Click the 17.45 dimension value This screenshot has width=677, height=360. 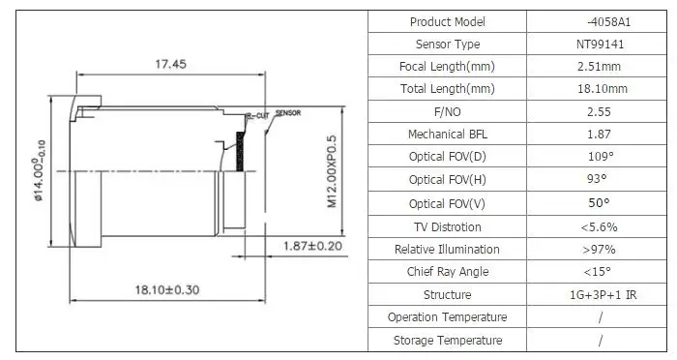coord(170,64)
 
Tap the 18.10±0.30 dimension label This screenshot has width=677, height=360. coord(167,289)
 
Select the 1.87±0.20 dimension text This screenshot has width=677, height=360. coord(312,246)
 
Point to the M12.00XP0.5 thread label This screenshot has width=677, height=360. coord(332,171)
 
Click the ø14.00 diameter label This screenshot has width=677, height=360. coord(39,170)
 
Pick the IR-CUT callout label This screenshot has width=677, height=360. coord(257,116)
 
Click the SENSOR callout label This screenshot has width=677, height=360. coord(288,113)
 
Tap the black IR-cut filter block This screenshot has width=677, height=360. coord(240,151)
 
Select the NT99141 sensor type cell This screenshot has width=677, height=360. coord(600,45)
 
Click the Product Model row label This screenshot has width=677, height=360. coord(447,21)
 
